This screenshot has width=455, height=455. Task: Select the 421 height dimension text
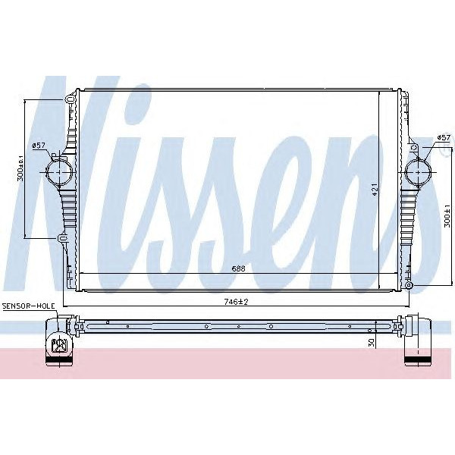pyautogui.click(x=374, y=190)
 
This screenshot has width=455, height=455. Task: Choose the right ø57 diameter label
pyautogui.click(x=444, y=137)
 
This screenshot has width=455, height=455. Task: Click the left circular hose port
pyautogui.click(x=59, y=171)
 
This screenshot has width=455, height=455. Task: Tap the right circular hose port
pyautogui.click(x=419, y=171)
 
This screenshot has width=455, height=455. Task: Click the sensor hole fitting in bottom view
pyautogui.click(x=58, y=346)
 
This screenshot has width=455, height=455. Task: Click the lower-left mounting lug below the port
pyautogui.click(x=63, y=240)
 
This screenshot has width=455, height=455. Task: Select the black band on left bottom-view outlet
pyautogui.click(x=57, y=357)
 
